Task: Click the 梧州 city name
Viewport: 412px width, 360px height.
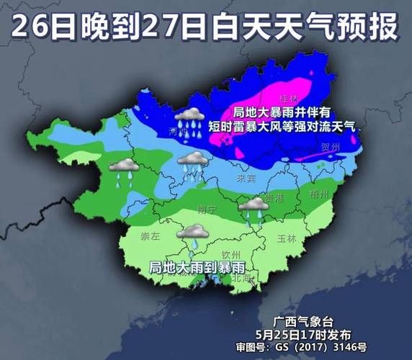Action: pos(318,194)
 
